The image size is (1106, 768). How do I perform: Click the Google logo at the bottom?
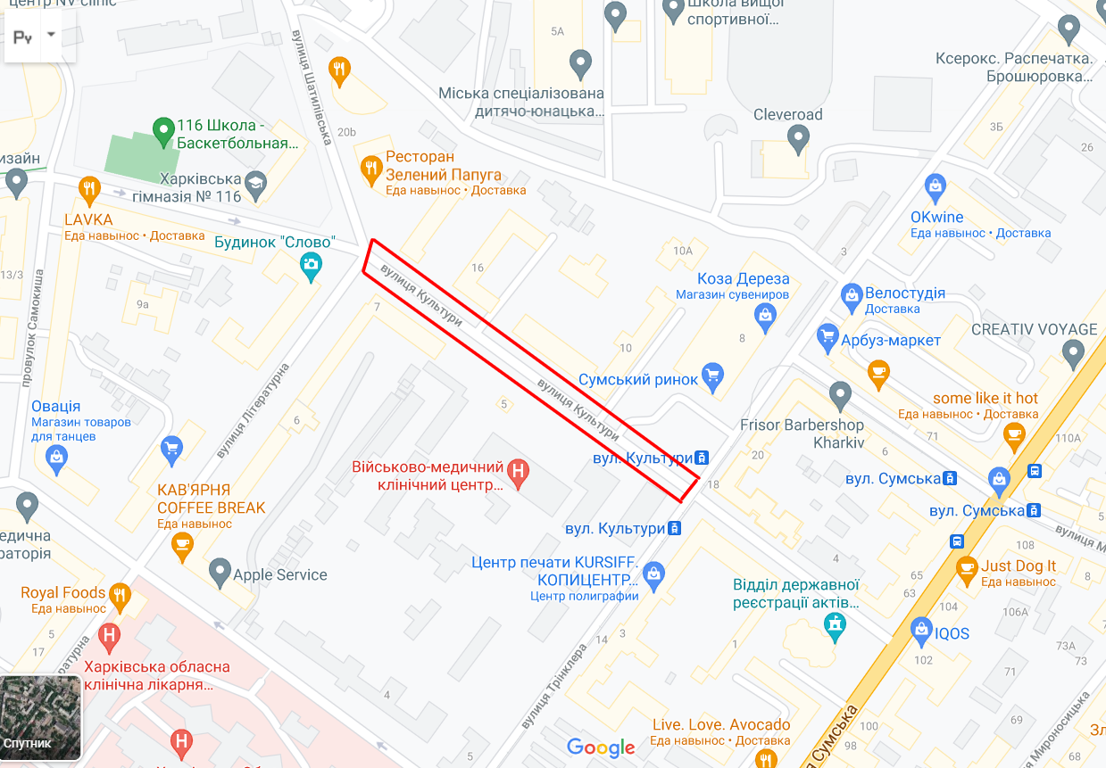601,747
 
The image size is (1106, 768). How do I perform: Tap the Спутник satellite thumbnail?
42,718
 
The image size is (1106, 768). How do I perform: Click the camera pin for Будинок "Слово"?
311,265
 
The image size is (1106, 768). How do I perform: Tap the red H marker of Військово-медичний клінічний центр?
517,472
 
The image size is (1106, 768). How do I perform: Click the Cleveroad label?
787,115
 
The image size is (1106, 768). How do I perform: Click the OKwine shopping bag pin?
935,186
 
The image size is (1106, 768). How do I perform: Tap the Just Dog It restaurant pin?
967,566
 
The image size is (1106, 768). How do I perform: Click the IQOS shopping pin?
921,632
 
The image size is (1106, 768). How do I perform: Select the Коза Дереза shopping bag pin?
764,314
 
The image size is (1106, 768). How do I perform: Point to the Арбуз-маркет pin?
827,337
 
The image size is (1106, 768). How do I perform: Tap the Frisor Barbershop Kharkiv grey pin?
840,393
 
